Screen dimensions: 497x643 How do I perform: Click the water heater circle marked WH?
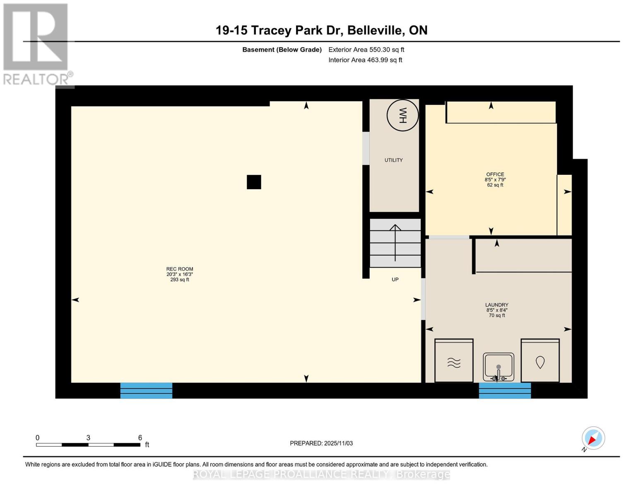point(402,115)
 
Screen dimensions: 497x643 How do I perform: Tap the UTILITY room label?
point(393,160)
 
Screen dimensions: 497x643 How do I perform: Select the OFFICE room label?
point(495,175)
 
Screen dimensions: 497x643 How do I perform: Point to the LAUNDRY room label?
point(497,305)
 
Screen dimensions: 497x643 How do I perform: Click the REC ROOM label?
point(180,269)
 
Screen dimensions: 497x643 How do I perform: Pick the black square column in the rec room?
point(254,182)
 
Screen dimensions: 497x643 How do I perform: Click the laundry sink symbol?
point(499,367)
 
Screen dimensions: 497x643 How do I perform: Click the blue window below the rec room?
point(146,391)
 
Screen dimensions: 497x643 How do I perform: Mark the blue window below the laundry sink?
point(505,391)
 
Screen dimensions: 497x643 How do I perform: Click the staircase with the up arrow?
point(395,243)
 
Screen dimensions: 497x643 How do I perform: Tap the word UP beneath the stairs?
point(395,280)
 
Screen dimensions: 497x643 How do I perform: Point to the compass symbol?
point(593,438)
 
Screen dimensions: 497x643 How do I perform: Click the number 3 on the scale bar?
point(88,438)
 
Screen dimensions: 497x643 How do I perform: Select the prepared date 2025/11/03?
point(321,443)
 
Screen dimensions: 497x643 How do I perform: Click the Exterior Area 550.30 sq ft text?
point(366,50)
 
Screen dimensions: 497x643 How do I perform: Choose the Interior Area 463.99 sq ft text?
point(365,60)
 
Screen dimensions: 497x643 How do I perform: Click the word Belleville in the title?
point(376,30)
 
